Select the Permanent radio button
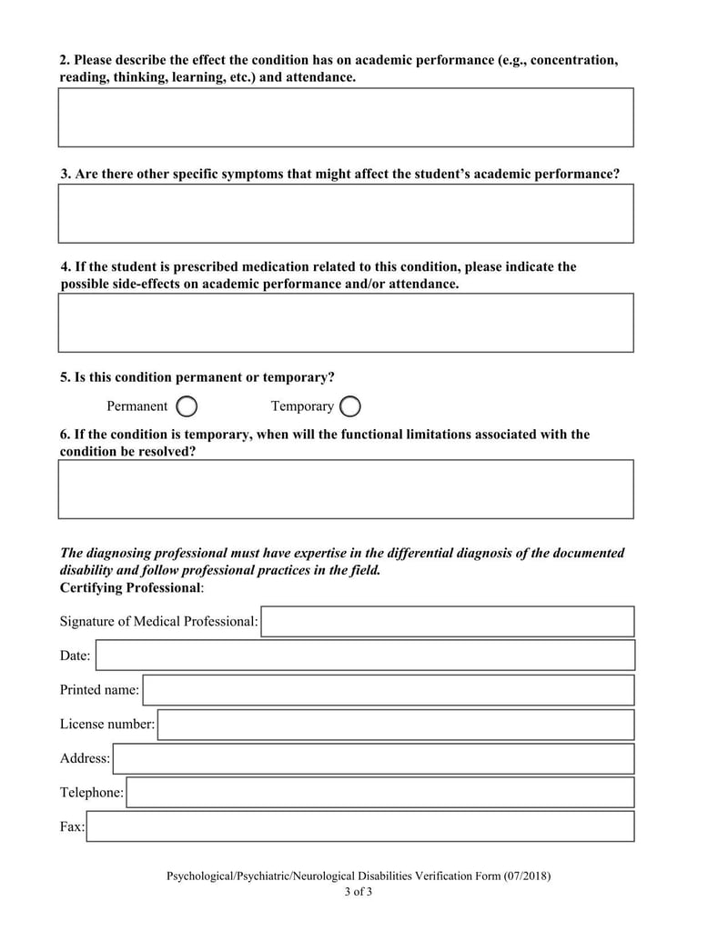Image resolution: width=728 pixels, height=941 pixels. coord(187,406)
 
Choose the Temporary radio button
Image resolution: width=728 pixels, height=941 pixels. coord(350,406)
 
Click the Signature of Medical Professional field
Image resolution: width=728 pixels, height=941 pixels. coord(447,622)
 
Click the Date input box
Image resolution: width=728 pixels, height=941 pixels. coord(365,656)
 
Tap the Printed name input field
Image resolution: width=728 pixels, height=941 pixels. coord(388,690)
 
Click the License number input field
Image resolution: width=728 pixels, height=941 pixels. coord(395,725)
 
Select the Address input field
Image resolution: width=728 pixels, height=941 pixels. coord(373,758)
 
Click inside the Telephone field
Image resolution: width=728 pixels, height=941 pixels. coord(379,793)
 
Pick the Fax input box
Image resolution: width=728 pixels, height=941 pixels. coord(359,826)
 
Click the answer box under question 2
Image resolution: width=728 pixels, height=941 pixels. coord(346,117)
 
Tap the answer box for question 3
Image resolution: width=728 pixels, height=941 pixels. coord(346,214)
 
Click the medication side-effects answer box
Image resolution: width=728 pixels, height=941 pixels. coord(346,323)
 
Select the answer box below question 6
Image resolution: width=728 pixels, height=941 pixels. coord(346,489)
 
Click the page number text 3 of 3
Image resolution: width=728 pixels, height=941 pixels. coord(359,892)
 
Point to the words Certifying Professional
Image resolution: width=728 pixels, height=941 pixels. coord(129,587)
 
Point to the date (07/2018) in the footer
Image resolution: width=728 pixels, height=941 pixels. coord(527,876)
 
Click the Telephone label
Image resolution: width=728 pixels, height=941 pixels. coord(91,793)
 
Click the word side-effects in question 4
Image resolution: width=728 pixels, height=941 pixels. coord(147,284)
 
